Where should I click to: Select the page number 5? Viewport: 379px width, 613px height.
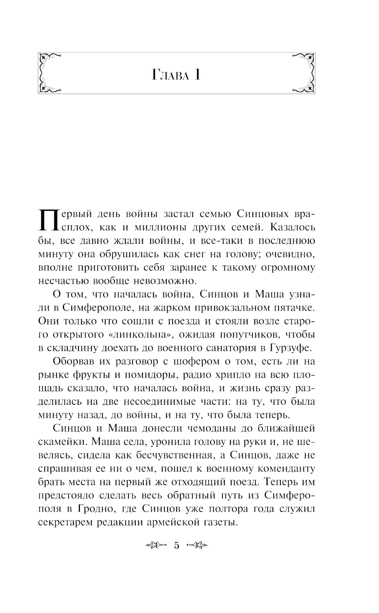click(177, 546)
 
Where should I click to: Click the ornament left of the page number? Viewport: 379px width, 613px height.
click(156, 546)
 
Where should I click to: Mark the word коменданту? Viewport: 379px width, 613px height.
click(284, 469)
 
